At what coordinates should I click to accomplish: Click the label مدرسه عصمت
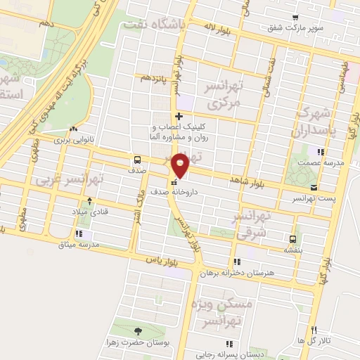(323, 162)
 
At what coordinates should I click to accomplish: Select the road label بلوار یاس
(158, 260)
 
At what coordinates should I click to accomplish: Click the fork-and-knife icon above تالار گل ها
(314, 330)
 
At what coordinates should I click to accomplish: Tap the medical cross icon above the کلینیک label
(180, 116)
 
